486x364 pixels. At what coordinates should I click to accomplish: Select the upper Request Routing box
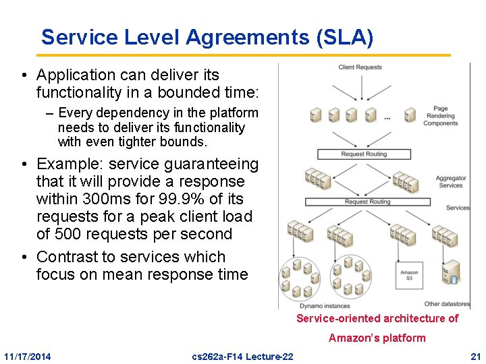364,154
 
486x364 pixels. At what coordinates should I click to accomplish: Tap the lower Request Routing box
367,202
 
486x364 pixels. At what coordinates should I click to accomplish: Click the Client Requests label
360,67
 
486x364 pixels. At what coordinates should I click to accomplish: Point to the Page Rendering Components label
440,116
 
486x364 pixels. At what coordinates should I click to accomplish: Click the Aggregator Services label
450,182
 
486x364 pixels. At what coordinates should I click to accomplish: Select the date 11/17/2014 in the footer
27,356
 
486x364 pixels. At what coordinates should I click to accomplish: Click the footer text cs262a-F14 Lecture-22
242,356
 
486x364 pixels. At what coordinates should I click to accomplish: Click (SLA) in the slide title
344,37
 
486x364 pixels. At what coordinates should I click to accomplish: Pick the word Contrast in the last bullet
69,257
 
